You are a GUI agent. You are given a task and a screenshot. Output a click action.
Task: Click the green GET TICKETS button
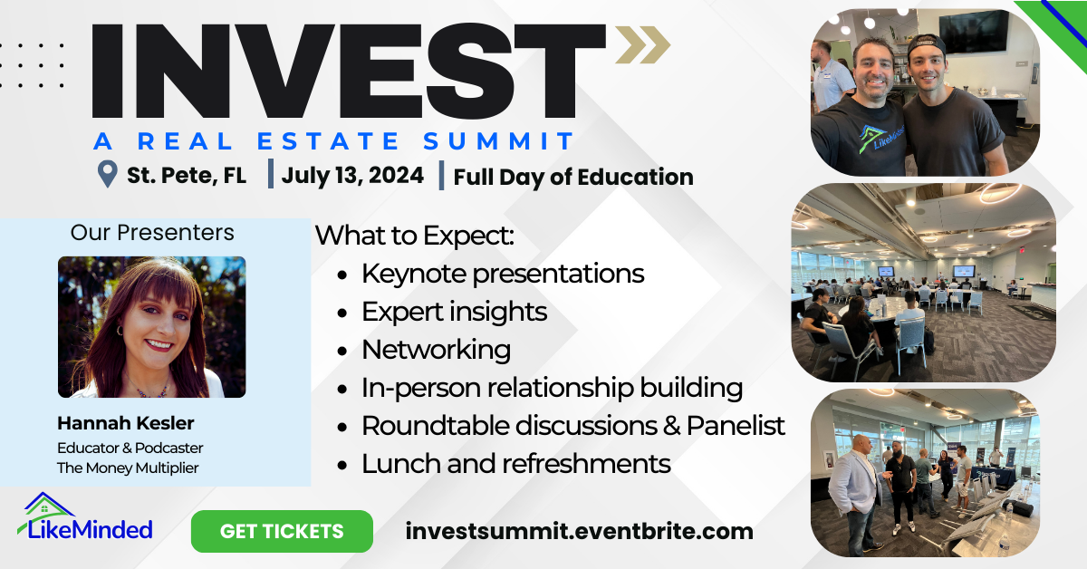click(282, 531)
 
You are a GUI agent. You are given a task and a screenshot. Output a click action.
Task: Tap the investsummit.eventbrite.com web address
click(580, 531)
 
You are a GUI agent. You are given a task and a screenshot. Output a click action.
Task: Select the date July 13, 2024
click(352, 175)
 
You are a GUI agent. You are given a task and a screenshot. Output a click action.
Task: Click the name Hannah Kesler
click(126, 423)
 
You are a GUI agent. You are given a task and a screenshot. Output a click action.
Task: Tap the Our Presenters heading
click(152, 232)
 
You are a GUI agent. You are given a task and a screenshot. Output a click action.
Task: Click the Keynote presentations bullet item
click(503, 273)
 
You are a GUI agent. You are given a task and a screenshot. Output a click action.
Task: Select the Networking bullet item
click(436, 349)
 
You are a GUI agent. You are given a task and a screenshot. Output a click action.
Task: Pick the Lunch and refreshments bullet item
click(515, 463)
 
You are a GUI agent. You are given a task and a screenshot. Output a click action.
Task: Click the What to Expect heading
click(415, 236)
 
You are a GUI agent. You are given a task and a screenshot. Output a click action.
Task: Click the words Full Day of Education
click(573, 177)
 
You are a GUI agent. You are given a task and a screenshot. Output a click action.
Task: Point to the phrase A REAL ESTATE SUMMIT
click(334, 141)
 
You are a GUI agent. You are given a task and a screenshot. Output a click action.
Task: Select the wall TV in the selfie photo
click(973, 31)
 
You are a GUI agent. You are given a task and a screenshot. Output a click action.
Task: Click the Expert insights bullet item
click(454, 312)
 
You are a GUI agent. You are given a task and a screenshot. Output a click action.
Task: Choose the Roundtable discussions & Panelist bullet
click(572, 425)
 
